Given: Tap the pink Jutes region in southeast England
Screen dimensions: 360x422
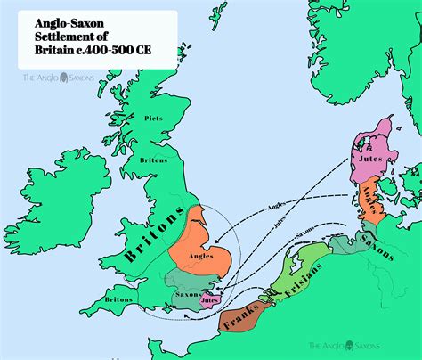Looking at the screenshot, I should [210, 300].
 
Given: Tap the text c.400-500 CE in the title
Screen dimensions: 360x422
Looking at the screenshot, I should [115, 52].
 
